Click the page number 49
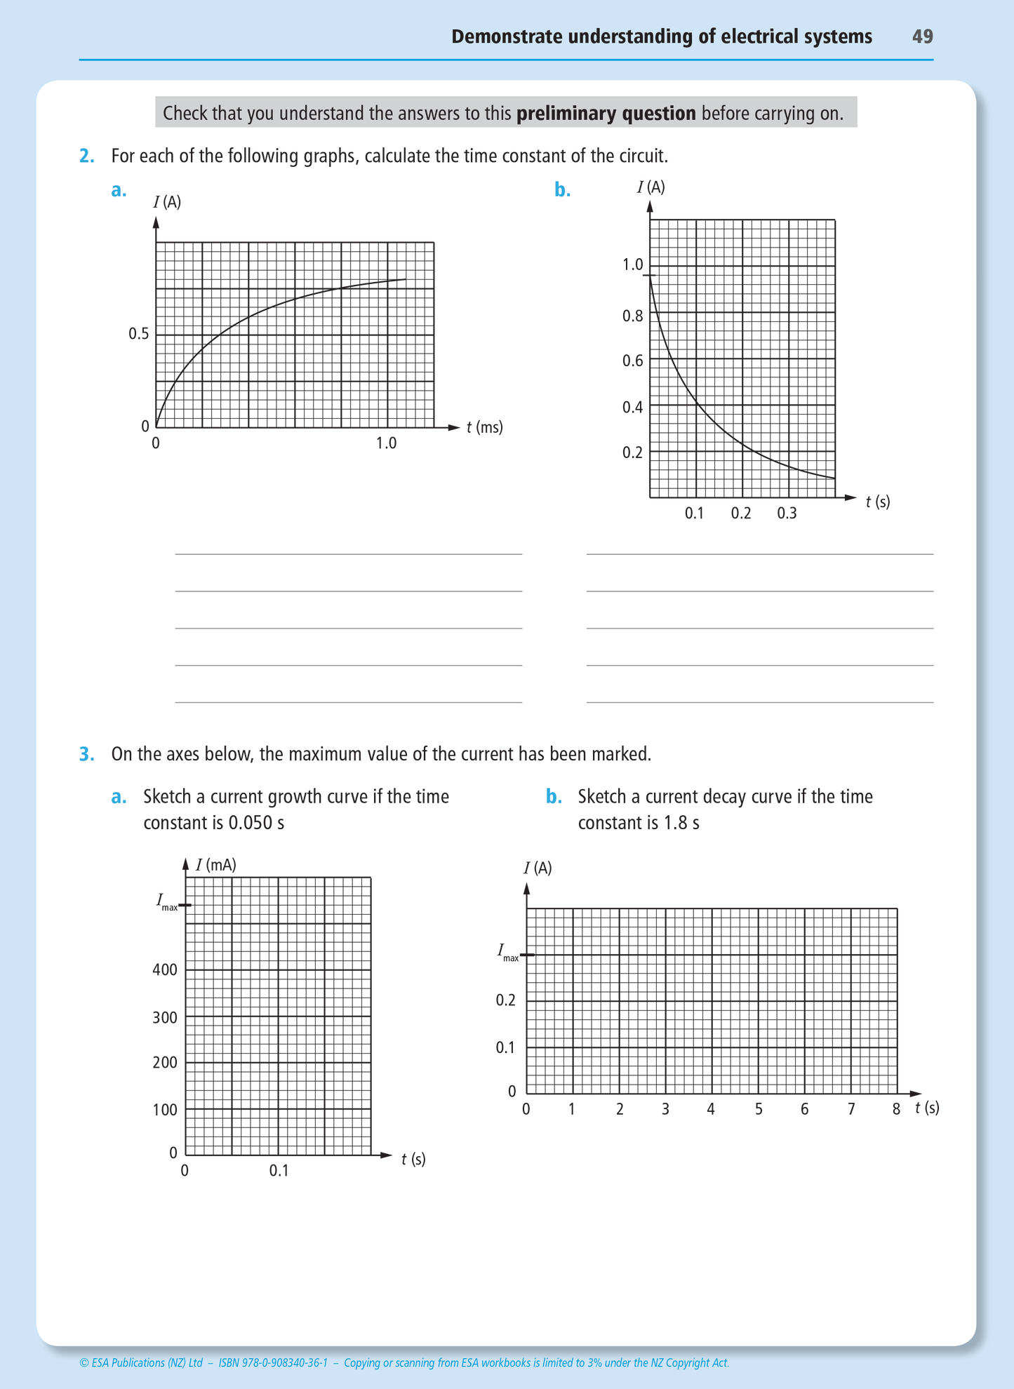pyautogui.click(x=922, y=36)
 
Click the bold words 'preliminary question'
pyautogui.click(x=606, y=113)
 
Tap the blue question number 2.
pyautogui.click(x=86, y=156)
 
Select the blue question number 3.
pyautogui.click(x=86, y=754)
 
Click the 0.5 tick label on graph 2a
pyautogui.click(x=139, y=334)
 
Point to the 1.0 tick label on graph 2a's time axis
pyautogui.click(x=386, y=443)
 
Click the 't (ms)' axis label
pyautogui.click(x=485, y=427)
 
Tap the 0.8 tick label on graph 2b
pyautogui.click(x=632, y=316)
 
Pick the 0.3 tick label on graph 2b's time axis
pyautogui.click(x=787, y=514)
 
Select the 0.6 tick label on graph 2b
pyautogui.click(x=632, y=361)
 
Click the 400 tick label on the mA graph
pyautogui.click(x=165, y=970)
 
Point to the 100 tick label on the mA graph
pyautogui.click(x=165, y=1110)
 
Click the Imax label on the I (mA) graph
pyautogui.click(x=167, y=902)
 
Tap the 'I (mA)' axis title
pyautogui.click(x=215, y=865)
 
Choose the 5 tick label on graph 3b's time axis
pyautogui.click(x=759, y=1109)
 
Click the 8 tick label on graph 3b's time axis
pyautogui.click(x=896, y=1109)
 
